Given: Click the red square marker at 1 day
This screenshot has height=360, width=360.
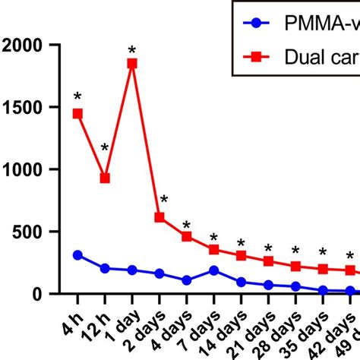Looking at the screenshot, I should (132, 64).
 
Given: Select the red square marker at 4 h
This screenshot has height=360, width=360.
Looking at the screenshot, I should (77, 113).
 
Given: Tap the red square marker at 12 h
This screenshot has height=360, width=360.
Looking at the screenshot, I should (105, 178).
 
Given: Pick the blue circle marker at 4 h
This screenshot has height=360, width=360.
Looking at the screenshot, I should (77, 255).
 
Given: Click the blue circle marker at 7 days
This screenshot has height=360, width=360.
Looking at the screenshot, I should (214, 270).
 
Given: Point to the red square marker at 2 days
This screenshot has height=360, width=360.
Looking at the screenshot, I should (159, 217).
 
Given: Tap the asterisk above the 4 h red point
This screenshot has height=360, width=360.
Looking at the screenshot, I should (77, 97).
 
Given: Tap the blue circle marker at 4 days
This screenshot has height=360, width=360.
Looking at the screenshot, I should (187, 280).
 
